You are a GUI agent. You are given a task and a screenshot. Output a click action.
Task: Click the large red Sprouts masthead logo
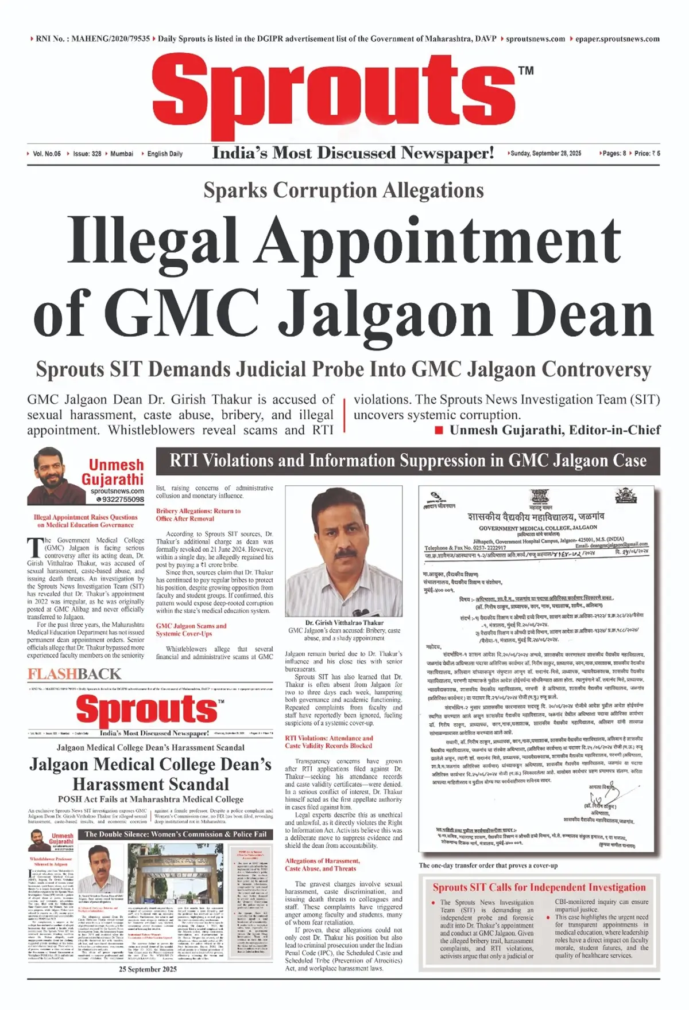pos(333,92)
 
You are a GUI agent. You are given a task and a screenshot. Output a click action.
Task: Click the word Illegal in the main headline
pos(153,241)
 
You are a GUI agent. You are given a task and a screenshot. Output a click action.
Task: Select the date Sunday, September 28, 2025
pos(545,154)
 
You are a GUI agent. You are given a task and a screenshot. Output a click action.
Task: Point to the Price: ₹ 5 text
pos(647,154)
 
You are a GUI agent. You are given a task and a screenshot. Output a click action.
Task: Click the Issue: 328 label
pos(87,154)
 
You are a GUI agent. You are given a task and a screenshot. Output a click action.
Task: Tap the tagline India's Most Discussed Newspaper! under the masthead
pos(353,153)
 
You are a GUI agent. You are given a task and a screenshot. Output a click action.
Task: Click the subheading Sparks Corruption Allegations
pos(343,190)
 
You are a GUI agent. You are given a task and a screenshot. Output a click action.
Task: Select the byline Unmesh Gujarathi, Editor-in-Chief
pos(555,430)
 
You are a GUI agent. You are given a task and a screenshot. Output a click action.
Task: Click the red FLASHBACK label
pos(75,674)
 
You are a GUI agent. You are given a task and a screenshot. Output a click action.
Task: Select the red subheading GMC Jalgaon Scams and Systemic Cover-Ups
pos(191,630)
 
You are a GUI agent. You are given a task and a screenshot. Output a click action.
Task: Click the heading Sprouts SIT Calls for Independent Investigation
pos(539,887)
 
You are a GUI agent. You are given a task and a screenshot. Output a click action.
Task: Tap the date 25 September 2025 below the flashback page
pos(148,969)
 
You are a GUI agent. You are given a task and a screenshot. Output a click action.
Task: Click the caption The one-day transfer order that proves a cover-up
pos(488,865)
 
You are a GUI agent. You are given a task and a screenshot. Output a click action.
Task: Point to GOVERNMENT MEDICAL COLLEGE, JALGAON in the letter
pos(538,528)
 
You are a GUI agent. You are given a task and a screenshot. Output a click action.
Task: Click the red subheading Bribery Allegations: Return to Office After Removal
pos(198,514)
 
